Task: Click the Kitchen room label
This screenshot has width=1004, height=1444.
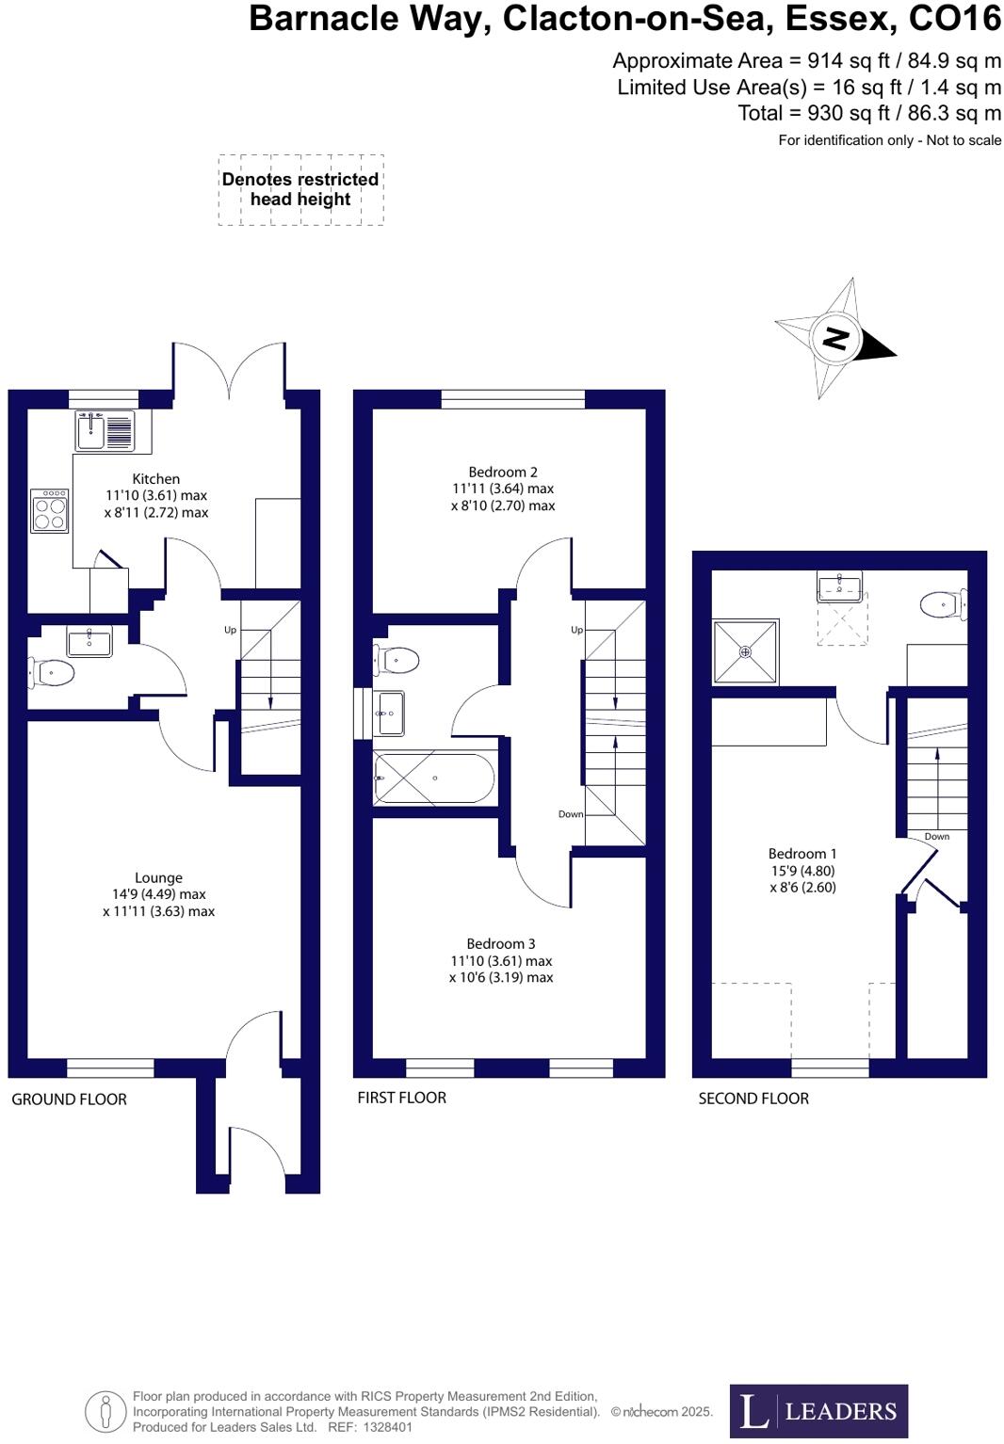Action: pyautogui.click(x=155, y=478)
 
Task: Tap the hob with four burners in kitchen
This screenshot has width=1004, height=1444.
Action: pyautogui.click(x=49, y=511)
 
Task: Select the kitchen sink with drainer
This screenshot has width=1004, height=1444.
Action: pyautogui.click(x=105, y=431)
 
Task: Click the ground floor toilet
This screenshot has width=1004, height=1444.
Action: pyautogui.click(x=53, y=672)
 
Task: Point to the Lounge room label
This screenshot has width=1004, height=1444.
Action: pyautogui.click(x=158, y=877)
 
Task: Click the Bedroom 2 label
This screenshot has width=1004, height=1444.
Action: pyautogui.click(x=503, y=472)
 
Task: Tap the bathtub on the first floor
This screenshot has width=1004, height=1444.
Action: pyautogui.click(x=434, y=778)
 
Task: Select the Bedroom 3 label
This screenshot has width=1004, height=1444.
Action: pyautogui.click(x=501, y=943)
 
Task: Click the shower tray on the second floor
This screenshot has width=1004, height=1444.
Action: pyautogui.click(x=745, y=651)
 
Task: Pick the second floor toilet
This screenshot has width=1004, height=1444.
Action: pyautogui.click(x=942, y=604)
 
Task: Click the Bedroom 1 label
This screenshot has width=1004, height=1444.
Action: pyautogui.click(x=802, y=854)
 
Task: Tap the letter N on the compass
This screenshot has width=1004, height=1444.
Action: pyautogui.click(x=835, y=337)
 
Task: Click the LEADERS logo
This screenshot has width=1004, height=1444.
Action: pyautogui.click(x=818, y=1410)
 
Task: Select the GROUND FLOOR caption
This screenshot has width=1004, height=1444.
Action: pyautogui.click(x=69, y=1099)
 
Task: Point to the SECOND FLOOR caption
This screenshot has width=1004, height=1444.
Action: pyautogui.click(x=753, y=1098)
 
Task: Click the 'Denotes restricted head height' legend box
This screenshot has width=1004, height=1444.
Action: pyautogui.click(x=300, y=189)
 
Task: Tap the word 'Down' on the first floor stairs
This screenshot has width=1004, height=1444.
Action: pyautogui.click(x=571, y=814)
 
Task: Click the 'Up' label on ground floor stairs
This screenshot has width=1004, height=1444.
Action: pyautogui.click(x=230, y=630)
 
